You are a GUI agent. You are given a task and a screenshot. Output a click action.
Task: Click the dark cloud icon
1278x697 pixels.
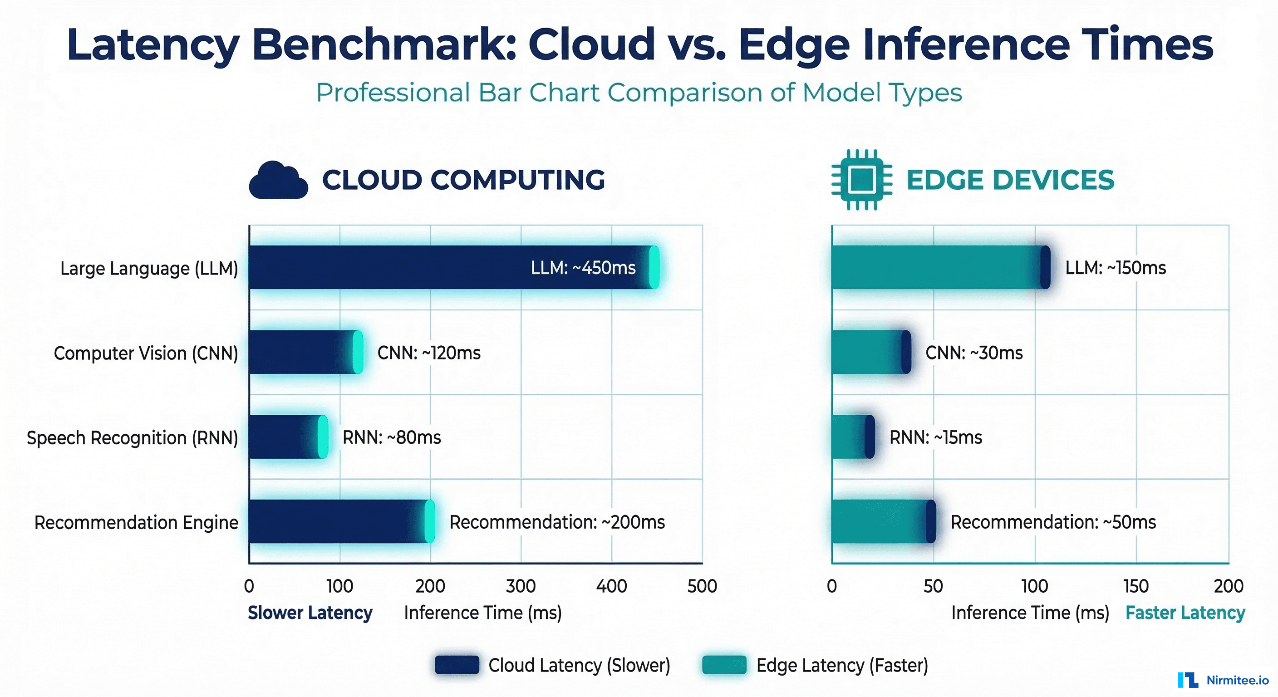click(278, 181)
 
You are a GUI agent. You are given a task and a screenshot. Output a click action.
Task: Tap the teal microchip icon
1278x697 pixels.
click(861, 180)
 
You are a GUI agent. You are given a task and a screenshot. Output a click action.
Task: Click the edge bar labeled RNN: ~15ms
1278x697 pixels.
click(852, 437)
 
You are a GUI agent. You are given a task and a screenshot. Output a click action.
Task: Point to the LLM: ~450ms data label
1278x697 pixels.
click(582, 268)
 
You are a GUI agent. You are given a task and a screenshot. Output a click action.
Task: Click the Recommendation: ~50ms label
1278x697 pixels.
click(1053, 522)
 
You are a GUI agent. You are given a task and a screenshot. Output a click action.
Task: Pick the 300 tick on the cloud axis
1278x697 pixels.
click(521, 586)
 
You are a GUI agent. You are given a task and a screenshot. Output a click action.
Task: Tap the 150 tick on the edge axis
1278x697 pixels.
click(1135, 586)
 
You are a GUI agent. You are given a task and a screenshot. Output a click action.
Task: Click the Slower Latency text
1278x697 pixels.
click(310, 613)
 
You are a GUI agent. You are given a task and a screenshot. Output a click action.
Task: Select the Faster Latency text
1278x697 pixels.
click(1185, 613)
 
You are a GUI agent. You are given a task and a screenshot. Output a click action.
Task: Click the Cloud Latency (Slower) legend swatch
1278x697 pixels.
click(457, 665)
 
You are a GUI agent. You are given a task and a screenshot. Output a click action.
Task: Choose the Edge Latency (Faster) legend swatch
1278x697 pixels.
click(724, 665)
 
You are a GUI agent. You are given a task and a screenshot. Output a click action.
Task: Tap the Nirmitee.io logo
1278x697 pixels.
click(1223, 680)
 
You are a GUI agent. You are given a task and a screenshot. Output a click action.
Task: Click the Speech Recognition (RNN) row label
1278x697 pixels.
click(132, 437)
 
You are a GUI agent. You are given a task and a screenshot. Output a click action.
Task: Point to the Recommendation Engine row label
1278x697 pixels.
click(136, 522)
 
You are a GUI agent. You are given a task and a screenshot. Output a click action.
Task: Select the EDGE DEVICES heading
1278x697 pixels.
click(1010, 180)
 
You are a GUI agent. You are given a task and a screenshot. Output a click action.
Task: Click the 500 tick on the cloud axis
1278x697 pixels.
click(702, 586)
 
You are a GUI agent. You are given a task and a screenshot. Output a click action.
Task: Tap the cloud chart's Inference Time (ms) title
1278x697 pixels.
click(482, 613)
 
